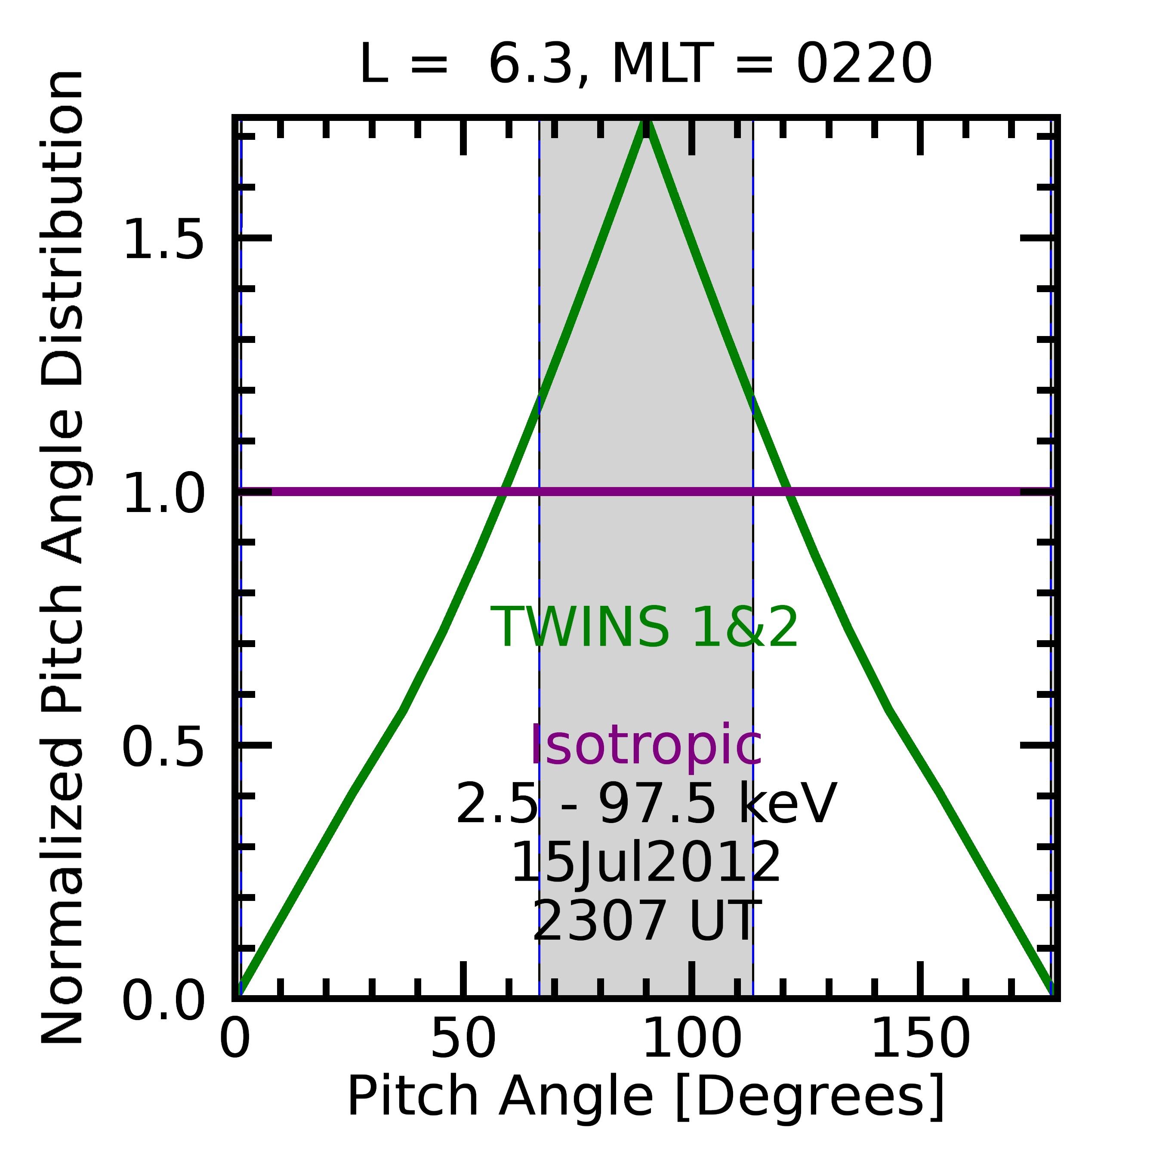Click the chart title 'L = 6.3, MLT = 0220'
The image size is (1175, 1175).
click(646, 65)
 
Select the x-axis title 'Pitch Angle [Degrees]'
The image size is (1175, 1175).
click(646, 1097)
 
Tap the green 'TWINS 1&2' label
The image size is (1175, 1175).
click(645, 628)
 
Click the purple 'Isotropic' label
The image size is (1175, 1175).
click(646, 746)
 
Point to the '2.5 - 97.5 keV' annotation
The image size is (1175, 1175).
click(646, 804)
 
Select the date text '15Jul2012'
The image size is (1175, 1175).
click(646, 862)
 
